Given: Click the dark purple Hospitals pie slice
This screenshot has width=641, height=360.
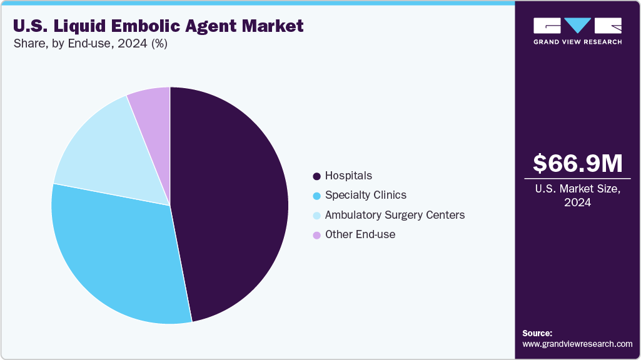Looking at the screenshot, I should click(231, 200).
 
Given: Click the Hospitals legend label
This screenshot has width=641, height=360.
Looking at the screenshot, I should click(348, 176).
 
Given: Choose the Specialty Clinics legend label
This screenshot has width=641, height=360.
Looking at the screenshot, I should click(365, 195).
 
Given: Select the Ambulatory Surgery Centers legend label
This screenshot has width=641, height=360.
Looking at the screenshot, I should click(395, 215).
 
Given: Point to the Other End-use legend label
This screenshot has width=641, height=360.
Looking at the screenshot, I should click(360, 234).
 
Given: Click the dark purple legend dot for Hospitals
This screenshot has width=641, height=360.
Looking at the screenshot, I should click(316, 176).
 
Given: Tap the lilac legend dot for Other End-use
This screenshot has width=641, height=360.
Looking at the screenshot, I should click(316, 235).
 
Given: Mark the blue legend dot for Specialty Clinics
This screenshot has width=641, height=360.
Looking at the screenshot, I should click(316, 196).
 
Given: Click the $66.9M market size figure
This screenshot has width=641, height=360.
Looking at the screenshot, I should click(577, 163).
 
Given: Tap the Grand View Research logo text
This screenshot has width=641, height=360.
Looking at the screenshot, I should click(577, 42).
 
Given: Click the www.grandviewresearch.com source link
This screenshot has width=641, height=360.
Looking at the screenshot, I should click(577, 344).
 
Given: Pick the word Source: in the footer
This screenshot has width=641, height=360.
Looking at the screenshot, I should click(537, 333).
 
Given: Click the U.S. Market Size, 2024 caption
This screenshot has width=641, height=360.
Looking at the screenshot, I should click(577, 196).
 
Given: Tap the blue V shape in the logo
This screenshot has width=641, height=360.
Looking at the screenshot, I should click(577, 25).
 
